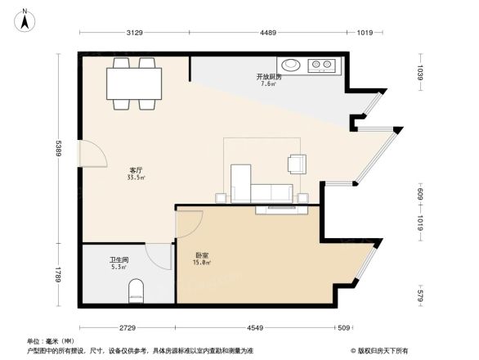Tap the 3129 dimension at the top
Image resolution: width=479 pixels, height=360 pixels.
(x=135, y=33)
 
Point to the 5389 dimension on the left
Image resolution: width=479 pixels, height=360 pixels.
(x=58, y=146)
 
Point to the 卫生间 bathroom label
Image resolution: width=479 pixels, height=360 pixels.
(x=119, y=263)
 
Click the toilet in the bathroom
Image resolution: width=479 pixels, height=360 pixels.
(x=136, y=290)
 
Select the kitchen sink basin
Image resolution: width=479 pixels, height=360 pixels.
(x=290, y=64)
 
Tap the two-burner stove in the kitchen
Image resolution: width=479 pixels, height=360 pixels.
(x=321, y=64)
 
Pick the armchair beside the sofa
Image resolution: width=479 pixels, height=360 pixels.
(x=297, y=164)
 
